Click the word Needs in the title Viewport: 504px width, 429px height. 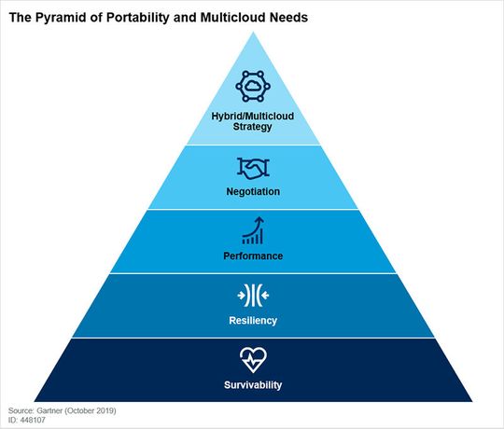pos(289,18)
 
